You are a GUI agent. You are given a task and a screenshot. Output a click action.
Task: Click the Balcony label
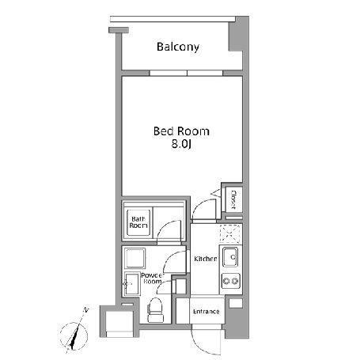click(x=178, y=47)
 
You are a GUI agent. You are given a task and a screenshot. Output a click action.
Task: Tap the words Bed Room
click(x=181, y=131)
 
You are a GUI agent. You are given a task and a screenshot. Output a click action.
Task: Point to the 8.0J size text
click(x=181, y=144)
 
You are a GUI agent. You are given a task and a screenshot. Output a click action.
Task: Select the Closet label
click(x=233, y=199)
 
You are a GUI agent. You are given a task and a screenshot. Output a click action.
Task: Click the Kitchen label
click(x=206, y=259)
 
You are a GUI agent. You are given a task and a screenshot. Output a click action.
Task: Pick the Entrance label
click(x=207, y=312)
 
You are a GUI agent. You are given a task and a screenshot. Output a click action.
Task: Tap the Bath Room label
click(x=138, y=222)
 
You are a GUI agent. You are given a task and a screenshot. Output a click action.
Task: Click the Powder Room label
click(x=153, y=279)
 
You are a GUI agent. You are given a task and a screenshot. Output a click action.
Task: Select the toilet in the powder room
click(x=155, y=309)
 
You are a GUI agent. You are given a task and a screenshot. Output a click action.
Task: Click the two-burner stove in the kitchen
click(x=231, y=281)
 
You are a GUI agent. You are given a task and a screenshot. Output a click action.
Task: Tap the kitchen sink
click(x=231, y=257)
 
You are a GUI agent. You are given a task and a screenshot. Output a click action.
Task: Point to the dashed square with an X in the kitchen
click(x=230, y=233)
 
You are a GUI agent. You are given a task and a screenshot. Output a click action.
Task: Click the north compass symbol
click(x=74, y=336)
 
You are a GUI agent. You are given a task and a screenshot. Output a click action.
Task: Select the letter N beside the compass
click(x=85, y=310)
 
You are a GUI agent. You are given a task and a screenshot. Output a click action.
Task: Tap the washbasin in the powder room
click(x=131, y=284)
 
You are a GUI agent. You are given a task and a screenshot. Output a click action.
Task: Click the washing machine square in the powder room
click(x=135, y=258)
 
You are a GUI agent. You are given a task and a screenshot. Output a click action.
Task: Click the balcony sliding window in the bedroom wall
click(x=187, y=73)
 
